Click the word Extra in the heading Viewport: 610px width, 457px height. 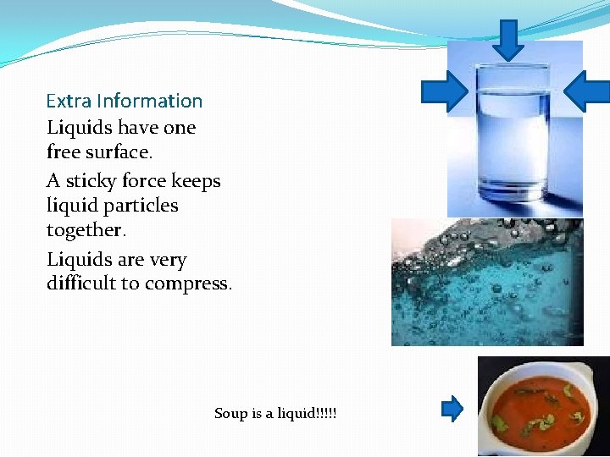point(69,101)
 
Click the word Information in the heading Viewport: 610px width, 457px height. point(149,101)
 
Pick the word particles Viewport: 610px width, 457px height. point(141,206)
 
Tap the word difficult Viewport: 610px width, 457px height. point(81,284)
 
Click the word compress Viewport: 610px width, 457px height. point(187,284)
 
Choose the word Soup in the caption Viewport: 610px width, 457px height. point(231,413)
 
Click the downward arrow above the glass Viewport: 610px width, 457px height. point(508,39)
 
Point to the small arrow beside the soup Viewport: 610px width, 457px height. point(452,410)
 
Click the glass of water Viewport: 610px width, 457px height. point(512,135)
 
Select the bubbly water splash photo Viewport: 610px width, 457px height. point(487,282)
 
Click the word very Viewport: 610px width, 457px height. point(169,260)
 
